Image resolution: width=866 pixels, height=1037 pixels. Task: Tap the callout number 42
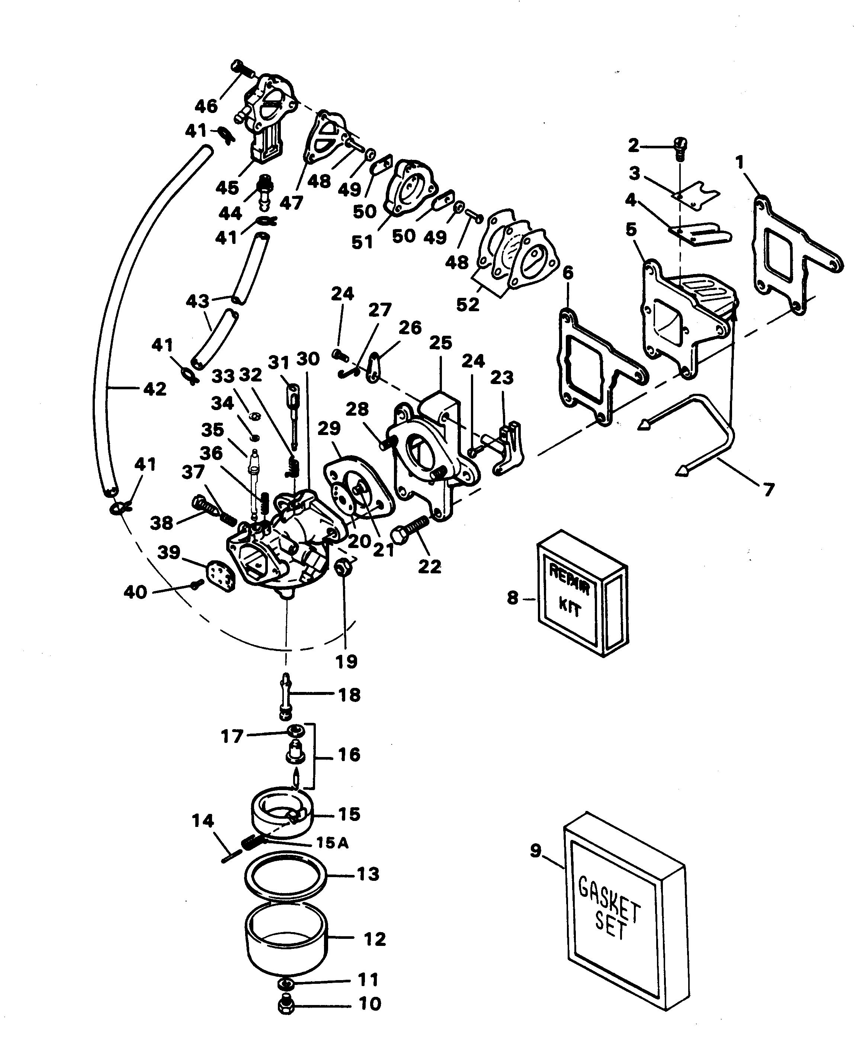pyautogui.click(x=155, y=389)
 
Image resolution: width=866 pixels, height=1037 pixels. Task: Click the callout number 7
pyautogui.click(x=768, y=489)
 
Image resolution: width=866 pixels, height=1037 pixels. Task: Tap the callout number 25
pyautogui.click(x=441, y=343)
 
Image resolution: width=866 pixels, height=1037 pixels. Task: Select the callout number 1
pyautogui.click(x=740, y=162)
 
